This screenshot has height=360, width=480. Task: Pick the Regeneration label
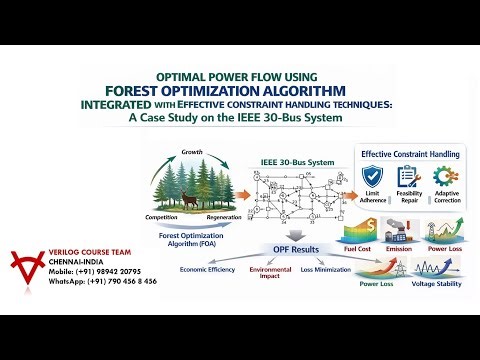click(223, 217)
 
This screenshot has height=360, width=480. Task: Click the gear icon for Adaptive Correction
click(447, 178)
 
